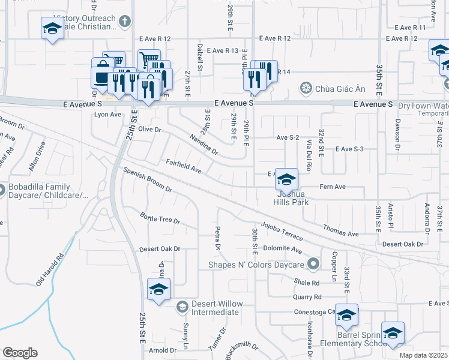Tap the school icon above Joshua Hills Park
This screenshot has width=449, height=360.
click(287, 179)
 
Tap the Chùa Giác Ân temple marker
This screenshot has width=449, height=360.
click(305, 89)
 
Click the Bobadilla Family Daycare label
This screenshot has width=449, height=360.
click(48, 191)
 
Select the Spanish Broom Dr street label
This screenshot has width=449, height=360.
click(148, 180)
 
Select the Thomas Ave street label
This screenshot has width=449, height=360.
click(340, 230)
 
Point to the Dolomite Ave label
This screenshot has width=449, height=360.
click(285, 249)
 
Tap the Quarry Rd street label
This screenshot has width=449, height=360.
click(307, 296)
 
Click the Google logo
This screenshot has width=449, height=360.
click(20, 353)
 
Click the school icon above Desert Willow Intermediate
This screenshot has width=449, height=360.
click(158, 290)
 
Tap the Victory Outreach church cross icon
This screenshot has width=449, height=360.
click(125, 22)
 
